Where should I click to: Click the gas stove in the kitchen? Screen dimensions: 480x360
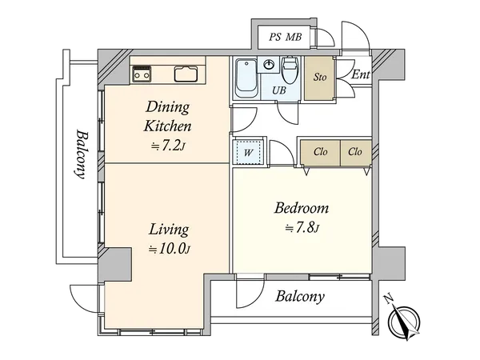click(x=141, y=74)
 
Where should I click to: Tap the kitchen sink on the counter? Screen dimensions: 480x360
click(x=186, y=74)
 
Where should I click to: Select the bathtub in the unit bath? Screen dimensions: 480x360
click(x=246, y=78)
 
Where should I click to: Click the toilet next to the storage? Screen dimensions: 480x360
click(x=290, y=70)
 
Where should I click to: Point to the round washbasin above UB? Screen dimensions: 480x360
click(x=269, y=65)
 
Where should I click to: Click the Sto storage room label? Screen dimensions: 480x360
click(x=320, y=77)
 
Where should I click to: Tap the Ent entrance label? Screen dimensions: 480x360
click(x=361, y=74)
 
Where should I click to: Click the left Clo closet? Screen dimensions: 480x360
click(x=320, y=153)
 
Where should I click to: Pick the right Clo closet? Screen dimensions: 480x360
click(x=356, y=153)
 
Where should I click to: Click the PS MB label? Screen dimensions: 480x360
click(x=286, y=38)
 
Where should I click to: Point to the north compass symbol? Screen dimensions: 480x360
click(x=403, y=318)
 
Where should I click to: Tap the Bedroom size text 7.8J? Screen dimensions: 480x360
click(x=302, y=228)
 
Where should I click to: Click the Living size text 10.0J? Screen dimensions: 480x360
click(x=170, y=249)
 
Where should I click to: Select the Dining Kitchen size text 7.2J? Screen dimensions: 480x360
click(x=168, y=146)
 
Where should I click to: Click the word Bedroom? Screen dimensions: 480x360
click(x=302, y=208)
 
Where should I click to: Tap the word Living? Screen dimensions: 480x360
click(x=169, y=230)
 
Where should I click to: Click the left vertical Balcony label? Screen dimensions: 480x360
click(x=82, y=154)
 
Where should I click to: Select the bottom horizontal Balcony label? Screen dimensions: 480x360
click(x=300, y=296)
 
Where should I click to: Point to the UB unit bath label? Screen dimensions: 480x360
click(x=279, y=90)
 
